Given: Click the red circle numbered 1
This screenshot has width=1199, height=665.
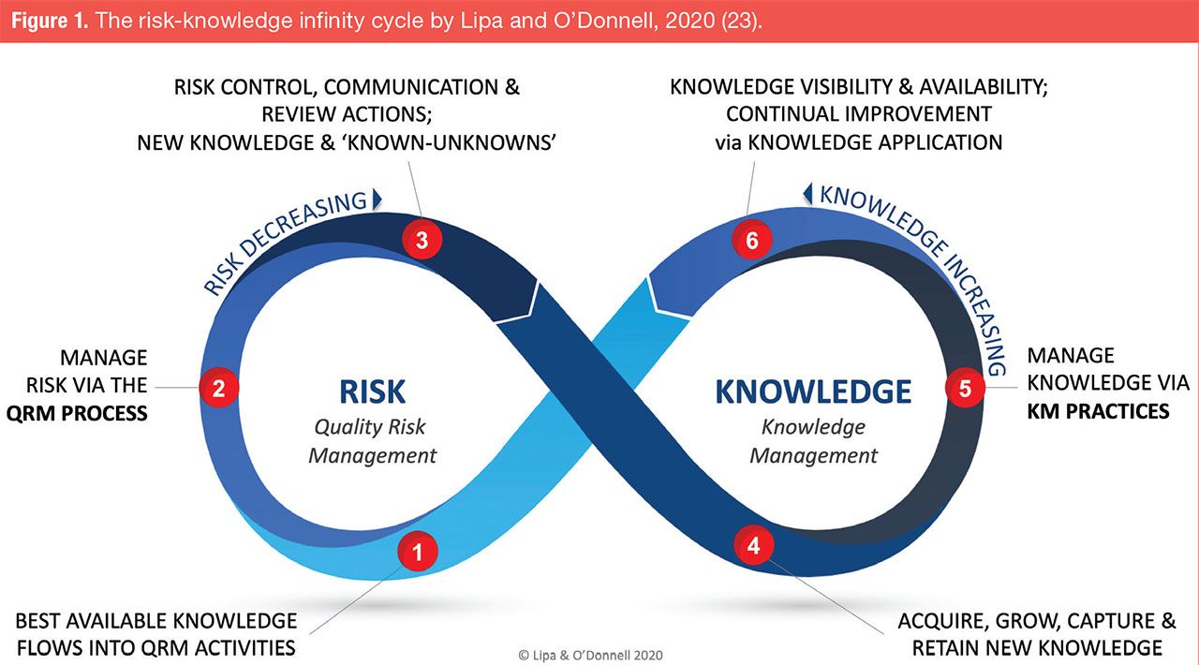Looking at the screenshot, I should (418, 553).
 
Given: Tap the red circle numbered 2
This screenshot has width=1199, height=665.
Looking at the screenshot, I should (218, 388).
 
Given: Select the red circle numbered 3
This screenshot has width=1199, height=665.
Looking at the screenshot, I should (422, 240).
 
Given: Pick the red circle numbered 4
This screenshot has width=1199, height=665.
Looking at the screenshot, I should (753, 546).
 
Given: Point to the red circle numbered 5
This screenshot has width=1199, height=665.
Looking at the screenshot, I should (965, 388).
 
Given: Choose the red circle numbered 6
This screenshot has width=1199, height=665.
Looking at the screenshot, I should (751, 241).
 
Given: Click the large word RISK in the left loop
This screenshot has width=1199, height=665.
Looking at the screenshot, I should (372, 391).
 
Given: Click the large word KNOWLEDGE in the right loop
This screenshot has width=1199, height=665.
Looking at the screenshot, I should (813, 391).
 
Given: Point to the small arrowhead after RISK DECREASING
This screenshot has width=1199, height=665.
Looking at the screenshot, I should (377, 199).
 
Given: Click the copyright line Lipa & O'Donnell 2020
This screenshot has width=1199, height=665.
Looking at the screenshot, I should (590, 655).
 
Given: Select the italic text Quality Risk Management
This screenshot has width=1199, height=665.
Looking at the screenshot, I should (372, 441).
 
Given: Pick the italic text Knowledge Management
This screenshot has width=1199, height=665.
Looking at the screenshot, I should (813, 441).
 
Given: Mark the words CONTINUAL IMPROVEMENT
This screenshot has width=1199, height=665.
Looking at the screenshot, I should (858, 114).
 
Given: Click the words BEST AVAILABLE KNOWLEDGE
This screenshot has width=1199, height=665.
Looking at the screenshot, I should (156, 621).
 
